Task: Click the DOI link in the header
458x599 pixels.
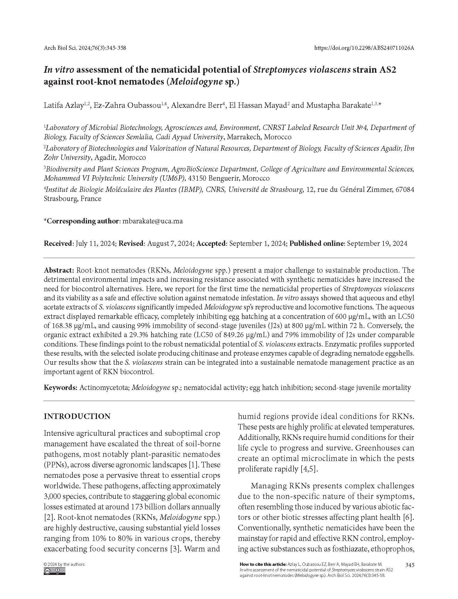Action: pyautogui.click(x=364, y=48)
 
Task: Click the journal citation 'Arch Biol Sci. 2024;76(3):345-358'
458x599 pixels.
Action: pyautogui.click(x=85, y=48)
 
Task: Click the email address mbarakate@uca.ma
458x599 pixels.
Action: pyautogui.click(x=153, y=221)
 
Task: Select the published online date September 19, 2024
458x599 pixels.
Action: pyautogui.click(x=377, y=243)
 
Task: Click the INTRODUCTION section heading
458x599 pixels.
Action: pyautogui.click(x=77, y=416)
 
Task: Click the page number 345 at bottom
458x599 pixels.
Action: pyautogui.click(x=410, y=565)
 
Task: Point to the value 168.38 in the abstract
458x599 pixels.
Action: pyautogui.click(x=60, y=325)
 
